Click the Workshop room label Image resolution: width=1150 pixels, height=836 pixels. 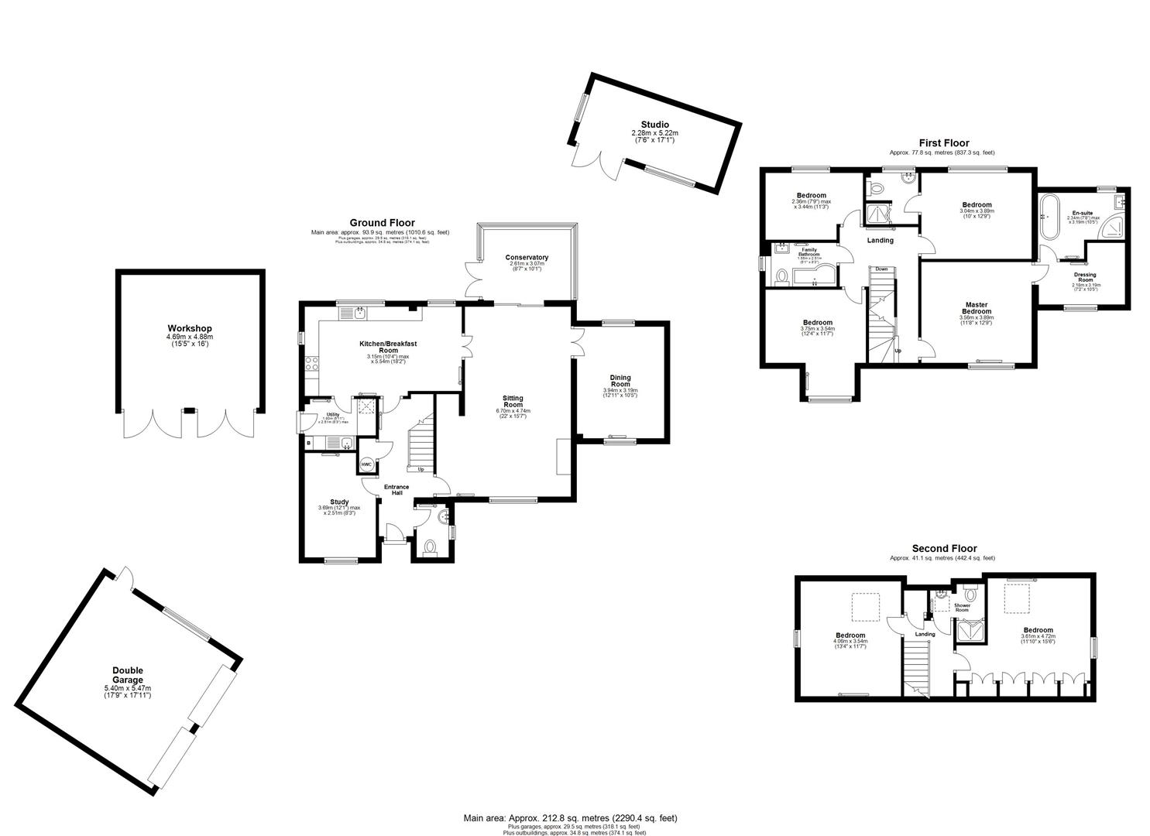[190, 329]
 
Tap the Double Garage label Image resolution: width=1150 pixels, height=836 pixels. [128, 675]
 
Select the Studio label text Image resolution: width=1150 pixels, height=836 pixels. [654, 125]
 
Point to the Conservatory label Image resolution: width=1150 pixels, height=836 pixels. [527, 258]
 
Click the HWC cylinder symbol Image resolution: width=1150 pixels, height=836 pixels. [366, 464]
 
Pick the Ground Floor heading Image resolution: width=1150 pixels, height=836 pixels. [382, 223]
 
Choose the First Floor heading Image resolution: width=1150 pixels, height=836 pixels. [943, 143]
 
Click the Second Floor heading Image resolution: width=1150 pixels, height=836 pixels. [944, 548]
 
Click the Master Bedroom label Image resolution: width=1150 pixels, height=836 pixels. [976, 308]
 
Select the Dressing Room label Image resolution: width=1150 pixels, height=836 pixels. [1084, 277]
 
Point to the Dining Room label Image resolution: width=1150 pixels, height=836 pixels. [620, 381]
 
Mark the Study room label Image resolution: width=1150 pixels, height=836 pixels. [338, 502]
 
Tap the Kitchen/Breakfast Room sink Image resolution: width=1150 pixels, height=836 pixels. [360, 312]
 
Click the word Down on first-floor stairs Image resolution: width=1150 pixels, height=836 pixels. [881, 269]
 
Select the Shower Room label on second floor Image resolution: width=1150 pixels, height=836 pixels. [962, 607]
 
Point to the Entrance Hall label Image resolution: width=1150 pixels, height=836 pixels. [396, 490]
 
